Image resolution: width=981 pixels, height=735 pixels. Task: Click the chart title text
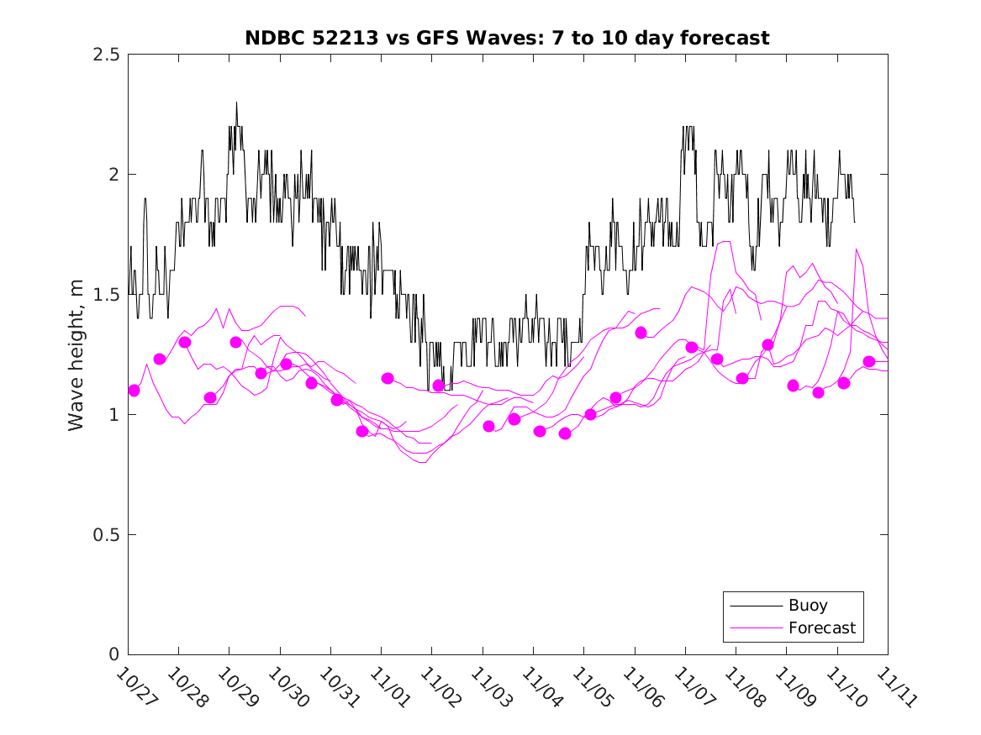(x=507, y=38)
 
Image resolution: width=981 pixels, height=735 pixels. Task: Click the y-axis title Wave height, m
(x=76, y=354)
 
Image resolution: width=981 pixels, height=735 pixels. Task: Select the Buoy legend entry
(x=808, y=605)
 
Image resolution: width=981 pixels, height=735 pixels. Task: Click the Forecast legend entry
(x=821, y=627)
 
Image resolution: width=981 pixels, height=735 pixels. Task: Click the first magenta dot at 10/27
(x=134, y=390)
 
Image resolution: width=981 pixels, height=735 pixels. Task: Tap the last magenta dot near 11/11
(x=869, y=361)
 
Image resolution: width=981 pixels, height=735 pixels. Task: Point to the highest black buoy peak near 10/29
(x=236, y=103)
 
